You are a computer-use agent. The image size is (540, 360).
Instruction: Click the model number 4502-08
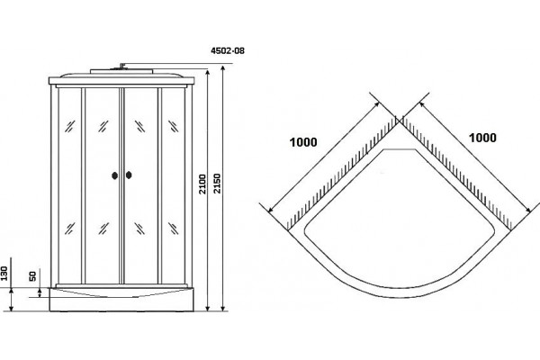pos(228,50)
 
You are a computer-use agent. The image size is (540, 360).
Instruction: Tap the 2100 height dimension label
pos(202,184)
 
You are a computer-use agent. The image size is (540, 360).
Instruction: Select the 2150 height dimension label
pos(217,184)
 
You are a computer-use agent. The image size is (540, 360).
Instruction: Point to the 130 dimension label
pos(4,274)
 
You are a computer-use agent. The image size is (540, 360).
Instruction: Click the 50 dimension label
pos(32,276)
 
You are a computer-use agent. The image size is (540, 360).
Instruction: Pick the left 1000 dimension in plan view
pos(303,142)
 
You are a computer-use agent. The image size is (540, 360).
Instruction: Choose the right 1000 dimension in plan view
pos(482,138)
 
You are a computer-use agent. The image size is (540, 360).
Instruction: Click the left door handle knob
pos(115,175)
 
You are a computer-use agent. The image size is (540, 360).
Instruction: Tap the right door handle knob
pos(129,175)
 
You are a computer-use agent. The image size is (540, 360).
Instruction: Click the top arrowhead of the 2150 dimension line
pos(223,67)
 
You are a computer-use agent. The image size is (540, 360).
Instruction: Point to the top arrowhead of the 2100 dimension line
pos(208,72)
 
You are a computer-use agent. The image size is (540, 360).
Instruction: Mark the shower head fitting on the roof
pos(121,66)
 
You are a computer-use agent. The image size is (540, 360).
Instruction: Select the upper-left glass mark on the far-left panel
pos(70,126)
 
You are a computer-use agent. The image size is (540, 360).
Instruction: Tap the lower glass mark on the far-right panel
pos(173,228)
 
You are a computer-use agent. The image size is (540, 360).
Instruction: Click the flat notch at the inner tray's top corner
pos(400,149)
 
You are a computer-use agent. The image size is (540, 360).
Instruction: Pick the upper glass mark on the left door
pos(103,126)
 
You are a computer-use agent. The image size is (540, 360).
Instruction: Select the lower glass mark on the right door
pos(139,228)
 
